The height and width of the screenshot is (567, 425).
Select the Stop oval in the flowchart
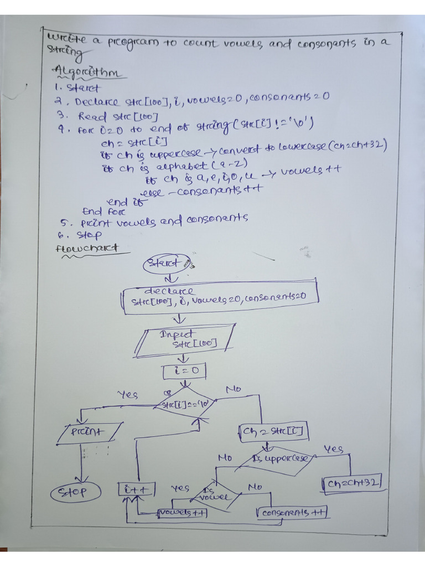coord(76,492)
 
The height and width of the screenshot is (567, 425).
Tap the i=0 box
coord(185,370)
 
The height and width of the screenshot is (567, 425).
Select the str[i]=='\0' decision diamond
coord(185,405)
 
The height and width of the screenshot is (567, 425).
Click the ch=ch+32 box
coord(352,483)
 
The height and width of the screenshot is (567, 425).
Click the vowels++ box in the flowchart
coord(183,512)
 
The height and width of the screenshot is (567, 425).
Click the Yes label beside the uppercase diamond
coord(333,449)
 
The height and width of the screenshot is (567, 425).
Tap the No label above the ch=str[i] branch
coord(234,390)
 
